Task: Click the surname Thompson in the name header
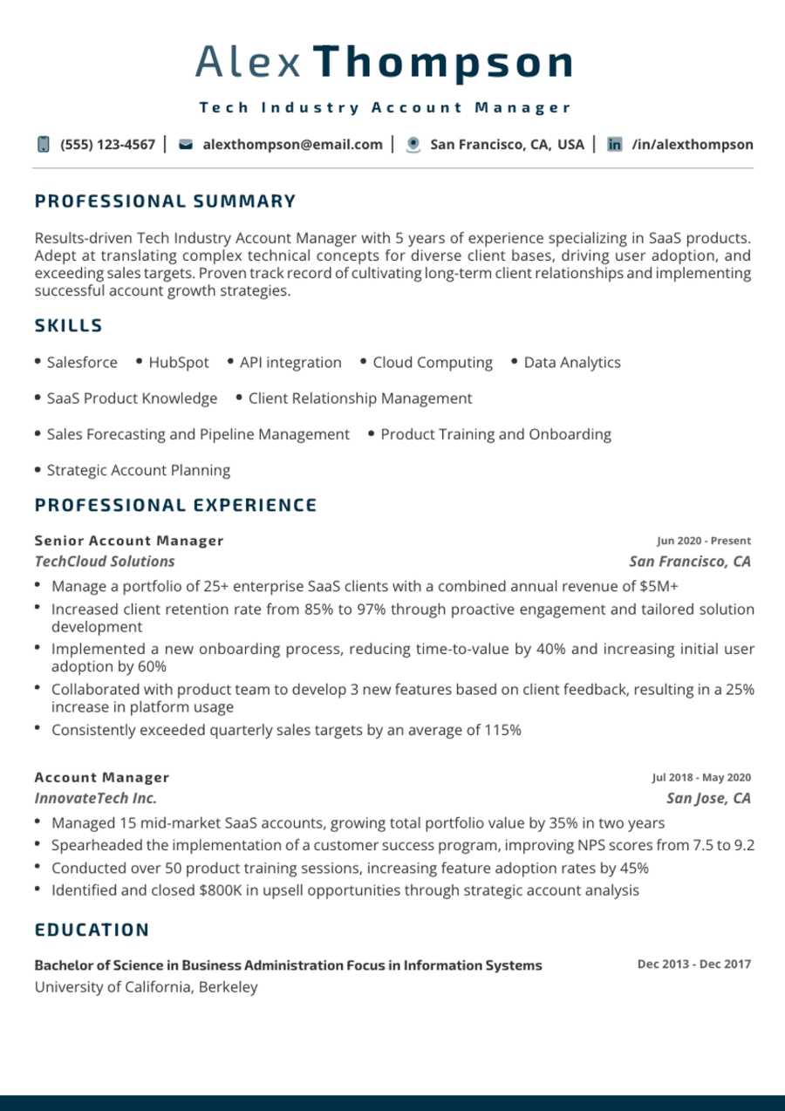442,63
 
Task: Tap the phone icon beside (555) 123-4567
44,145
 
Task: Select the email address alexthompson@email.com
292,145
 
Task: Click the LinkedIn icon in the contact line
615,145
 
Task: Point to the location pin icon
413,145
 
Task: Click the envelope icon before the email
185,145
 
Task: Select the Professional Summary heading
166,201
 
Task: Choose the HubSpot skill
178,363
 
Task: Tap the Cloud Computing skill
432,363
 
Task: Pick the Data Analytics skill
572,363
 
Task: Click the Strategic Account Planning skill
138,471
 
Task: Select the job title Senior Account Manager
129,541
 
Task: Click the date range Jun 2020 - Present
704,541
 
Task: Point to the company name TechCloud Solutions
105,562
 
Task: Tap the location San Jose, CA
708,799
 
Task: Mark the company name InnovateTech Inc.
96,799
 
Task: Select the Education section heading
92,930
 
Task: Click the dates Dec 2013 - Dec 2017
693,964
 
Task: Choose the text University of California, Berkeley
146,987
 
